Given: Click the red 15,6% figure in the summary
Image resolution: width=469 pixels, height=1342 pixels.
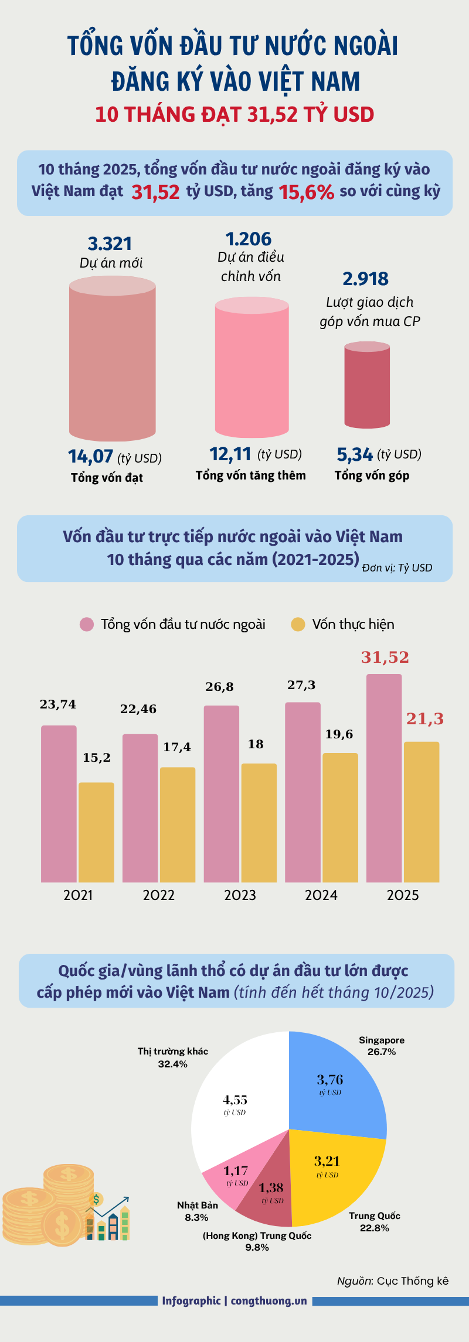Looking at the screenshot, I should [x=306, y=192].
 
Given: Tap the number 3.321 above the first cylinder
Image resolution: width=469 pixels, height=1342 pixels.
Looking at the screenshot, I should [x=110, y=244].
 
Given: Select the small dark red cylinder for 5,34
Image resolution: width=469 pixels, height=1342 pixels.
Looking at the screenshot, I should [x=367, y=386].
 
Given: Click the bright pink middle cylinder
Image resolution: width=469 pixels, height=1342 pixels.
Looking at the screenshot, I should [x=252, y=369].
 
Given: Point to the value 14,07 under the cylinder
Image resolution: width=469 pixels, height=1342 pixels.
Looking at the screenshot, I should [x=90, y=456].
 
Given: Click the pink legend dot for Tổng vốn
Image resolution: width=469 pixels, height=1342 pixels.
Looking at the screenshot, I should [x=87, y=624].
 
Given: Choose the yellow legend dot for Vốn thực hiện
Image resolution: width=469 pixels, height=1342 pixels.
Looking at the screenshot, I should [x=298, y=624].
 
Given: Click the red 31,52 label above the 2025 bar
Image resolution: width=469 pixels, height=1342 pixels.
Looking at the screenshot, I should [x=385, y=658].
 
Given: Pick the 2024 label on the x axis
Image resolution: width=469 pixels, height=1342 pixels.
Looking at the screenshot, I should [x=321, y=895].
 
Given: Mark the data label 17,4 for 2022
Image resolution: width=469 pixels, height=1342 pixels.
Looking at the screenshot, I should [x=176, y=747].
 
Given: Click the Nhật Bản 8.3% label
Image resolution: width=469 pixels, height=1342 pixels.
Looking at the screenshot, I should [x=197, y=1211].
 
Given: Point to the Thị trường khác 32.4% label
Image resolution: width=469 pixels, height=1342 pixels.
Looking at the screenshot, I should [x=172, y=1057].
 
